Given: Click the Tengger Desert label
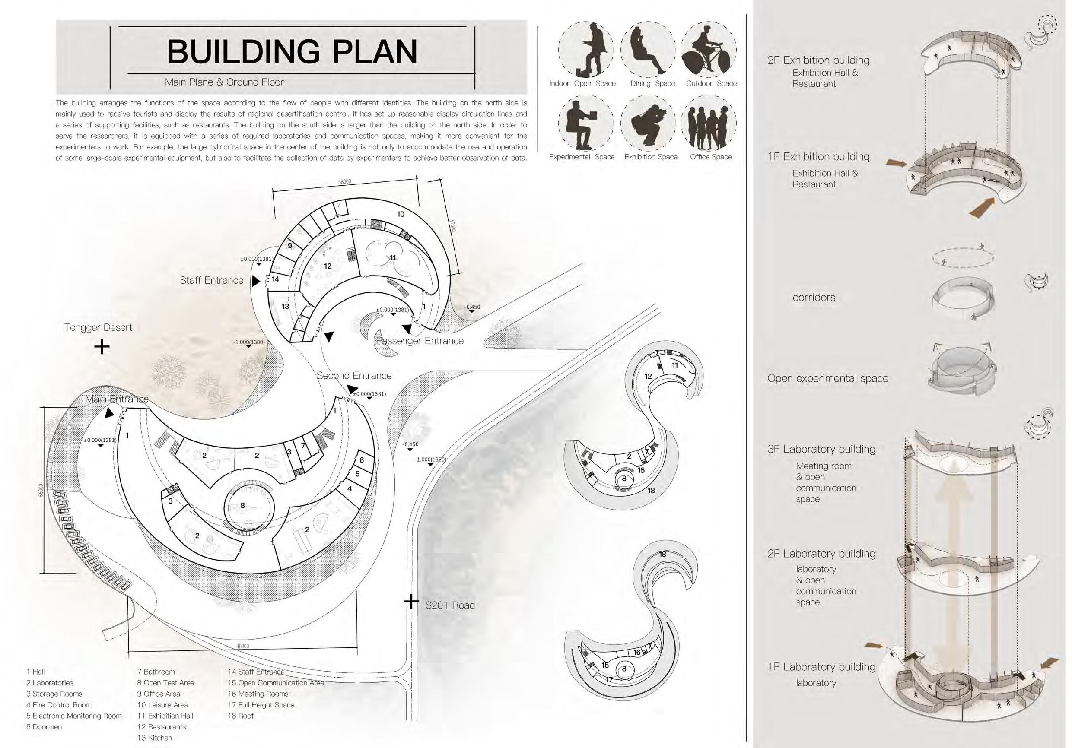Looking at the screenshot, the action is pyautogui.click(x=98, y=327).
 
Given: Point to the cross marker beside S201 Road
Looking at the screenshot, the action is pyautogui.click(x=411, y=602).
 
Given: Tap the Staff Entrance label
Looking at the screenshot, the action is pyautogui.click(x=212, y=280).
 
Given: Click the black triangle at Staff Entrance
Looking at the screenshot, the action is pyautogui.click(x=255, y=282).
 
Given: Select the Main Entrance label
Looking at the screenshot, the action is pyautogui.click(x=117, y=399).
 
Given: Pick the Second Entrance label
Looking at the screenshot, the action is pyautogui.click(x=354, y=376).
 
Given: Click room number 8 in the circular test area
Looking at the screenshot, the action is pyautogui.click(x=242, y=505).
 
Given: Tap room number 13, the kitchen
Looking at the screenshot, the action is pyautogui.click(x=285, y=307).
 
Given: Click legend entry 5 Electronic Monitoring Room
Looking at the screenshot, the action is pyautogui.click(x=74, y=716).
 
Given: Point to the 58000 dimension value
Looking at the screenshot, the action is pyautogui.click(x=344, y=182).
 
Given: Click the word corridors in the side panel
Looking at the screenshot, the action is pyautogui.click(x=813, y=297).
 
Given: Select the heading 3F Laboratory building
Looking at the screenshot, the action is pyautogui.click(x=821, y=449).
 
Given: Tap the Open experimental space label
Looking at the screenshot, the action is pyautogui.click(x=827, y=378).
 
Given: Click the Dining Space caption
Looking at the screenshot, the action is pyautogui.click(x=652, y=83).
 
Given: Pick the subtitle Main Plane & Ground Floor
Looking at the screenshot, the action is pyautogui.click(x=224, y=82).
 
